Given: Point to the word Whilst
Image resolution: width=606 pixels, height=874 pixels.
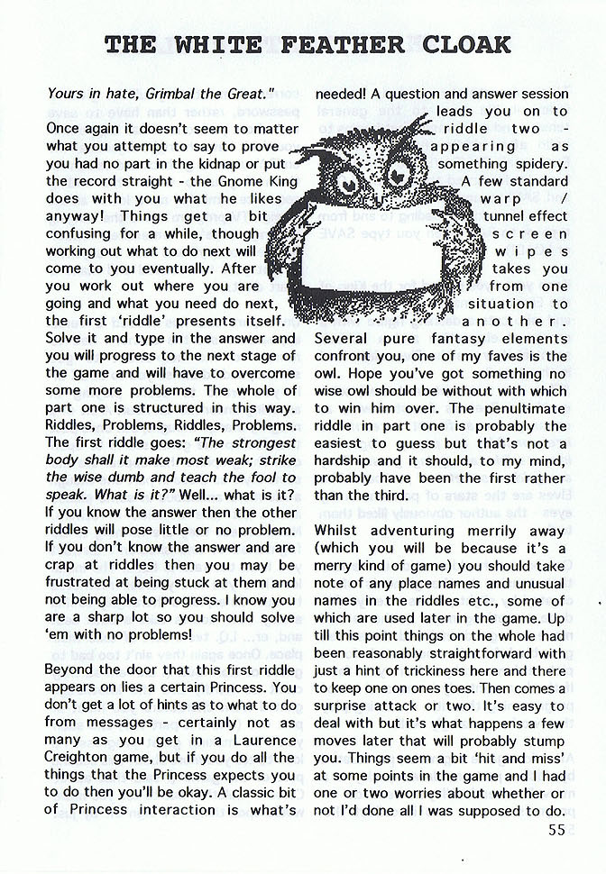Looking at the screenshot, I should click(339, 531).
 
